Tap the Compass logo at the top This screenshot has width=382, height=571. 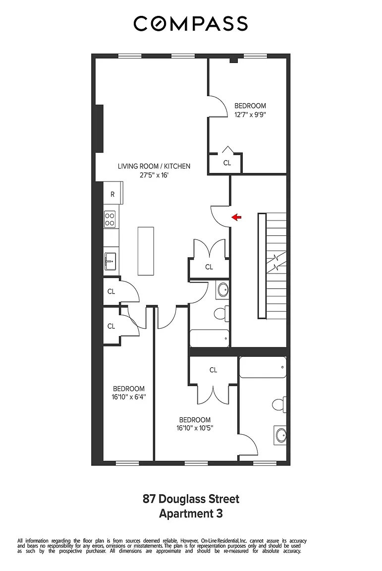click(191, 23)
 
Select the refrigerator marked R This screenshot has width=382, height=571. click(112, 194)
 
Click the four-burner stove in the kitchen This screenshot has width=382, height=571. click(110, 219)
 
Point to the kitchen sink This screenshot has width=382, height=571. click(110, 260)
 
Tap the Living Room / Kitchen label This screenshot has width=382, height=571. click(154, 167)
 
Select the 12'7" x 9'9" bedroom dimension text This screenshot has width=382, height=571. click(250, 114)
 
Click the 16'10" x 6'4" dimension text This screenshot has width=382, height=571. click(128, 397)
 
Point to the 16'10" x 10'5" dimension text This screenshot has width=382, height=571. click(195, 428)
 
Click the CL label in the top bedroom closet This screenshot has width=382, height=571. click(227, 163)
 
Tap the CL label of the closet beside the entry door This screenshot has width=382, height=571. click(209, 267)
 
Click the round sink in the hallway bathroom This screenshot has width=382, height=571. click(222, 289)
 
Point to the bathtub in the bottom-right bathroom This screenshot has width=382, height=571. click(262, 367)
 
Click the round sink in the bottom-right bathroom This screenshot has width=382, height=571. click(280, 435)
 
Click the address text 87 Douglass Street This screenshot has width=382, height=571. click(191, 499)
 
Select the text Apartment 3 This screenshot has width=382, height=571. click(191, 514)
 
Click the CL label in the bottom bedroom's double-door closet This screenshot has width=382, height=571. click(213, 370)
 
